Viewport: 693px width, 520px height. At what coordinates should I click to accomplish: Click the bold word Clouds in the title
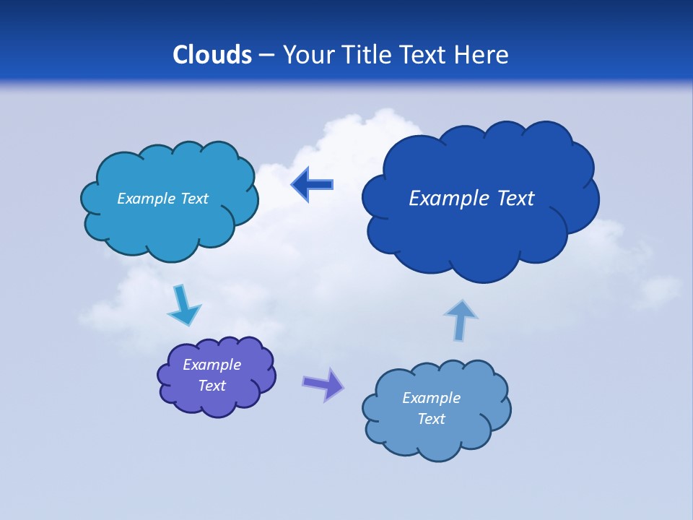coord(212,55)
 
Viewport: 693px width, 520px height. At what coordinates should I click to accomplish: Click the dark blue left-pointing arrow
coord(312,184)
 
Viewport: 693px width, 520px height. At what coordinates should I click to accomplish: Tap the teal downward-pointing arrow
coord(183,306)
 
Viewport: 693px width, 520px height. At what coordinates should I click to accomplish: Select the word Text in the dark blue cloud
coord(515,199)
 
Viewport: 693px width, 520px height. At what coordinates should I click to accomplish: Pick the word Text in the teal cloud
coord(194,199)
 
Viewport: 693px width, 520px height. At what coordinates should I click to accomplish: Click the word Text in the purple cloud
coord(212,386)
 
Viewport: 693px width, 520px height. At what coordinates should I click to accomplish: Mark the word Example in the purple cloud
coord(212,365)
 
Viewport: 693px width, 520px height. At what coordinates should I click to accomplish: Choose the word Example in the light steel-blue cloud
coord(431,398)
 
